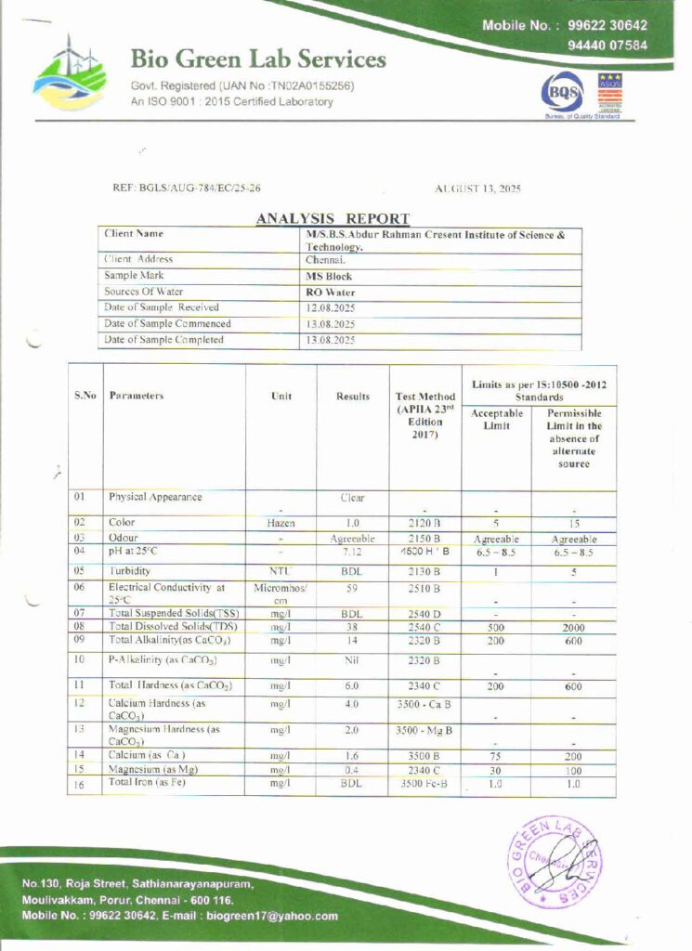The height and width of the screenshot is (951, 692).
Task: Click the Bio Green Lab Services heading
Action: tap(257, 60)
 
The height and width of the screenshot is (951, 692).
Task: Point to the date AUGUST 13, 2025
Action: tap(477, 189)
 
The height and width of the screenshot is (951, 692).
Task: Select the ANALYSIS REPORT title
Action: tap(333, 219)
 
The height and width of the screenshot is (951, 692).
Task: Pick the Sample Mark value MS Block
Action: tap(329, 277)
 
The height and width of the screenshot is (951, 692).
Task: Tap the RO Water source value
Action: tap(331, 292)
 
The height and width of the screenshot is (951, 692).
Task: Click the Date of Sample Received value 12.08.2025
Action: tap(331, 307)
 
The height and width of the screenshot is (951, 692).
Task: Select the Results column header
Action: tap(353, 397)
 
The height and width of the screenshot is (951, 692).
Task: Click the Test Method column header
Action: tap(425, 397)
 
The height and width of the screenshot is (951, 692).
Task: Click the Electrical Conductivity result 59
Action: tap(353, 588)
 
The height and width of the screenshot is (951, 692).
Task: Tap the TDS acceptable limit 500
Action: tap(496, 627)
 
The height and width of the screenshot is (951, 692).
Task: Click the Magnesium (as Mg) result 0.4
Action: tap(353, 770)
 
